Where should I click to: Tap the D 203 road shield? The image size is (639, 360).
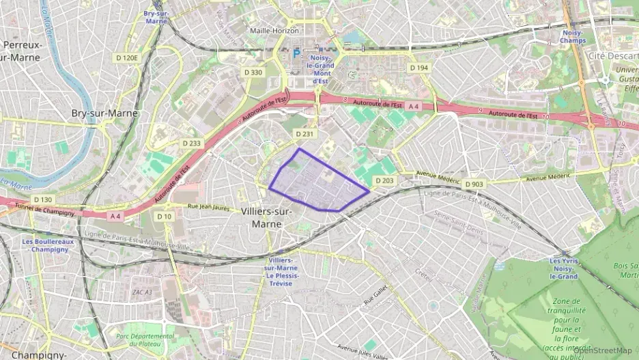[x=384, y=180]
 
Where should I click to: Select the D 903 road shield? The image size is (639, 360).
[x=474, y=184]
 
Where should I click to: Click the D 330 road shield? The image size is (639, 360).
[x=253, y=72]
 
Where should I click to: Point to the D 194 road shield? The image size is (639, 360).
[x=418, y=68]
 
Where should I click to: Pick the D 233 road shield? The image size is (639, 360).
[x=192, y=143]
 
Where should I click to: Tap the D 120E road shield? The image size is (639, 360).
[x=127, y=58]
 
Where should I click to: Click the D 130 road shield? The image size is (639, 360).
[x=42, y=199]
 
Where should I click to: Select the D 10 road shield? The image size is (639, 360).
[x=164, y=217]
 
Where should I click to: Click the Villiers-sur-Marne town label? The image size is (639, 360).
[x=267, y=217]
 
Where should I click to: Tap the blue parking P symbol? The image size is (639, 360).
[x=296, y=52]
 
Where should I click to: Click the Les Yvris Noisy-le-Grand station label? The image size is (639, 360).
[x=564, y=268]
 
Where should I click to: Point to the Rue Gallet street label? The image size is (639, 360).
[x=376, y=295]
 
